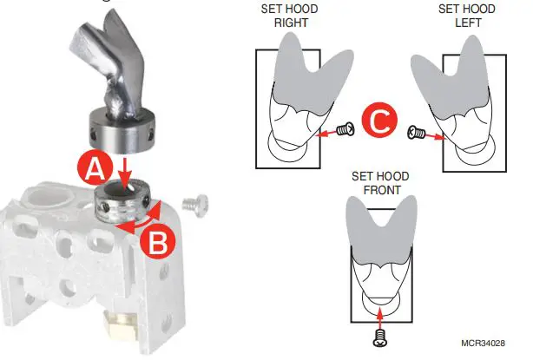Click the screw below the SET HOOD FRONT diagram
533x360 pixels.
(379, 335)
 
